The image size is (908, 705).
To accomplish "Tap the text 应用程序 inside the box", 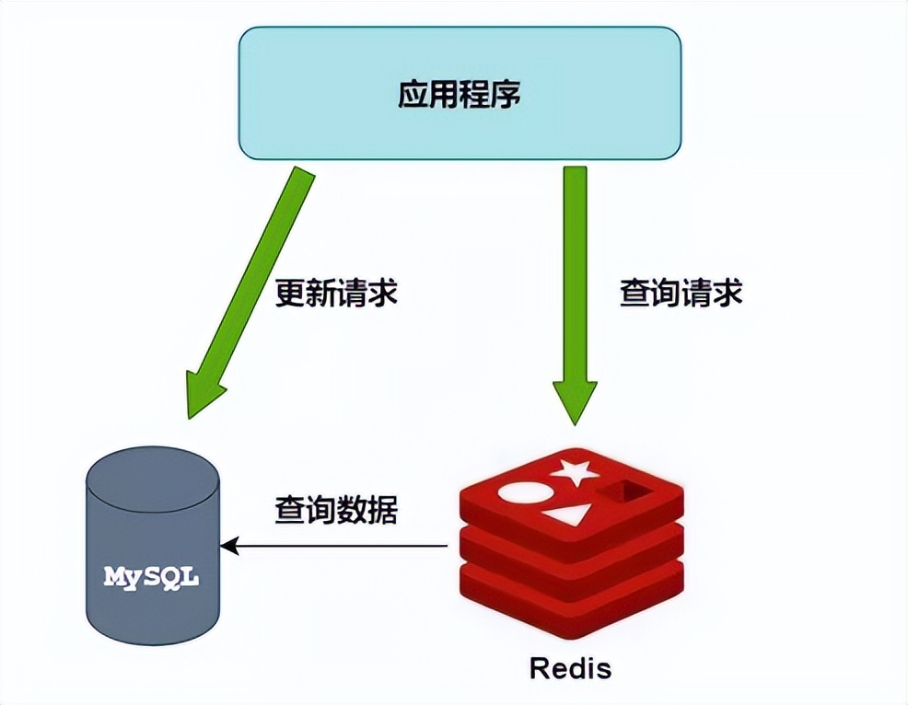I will (x=460, y=94).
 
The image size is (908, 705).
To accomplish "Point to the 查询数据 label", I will (x=336, y=511).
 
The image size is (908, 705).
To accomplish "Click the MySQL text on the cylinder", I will (x=151, y=578).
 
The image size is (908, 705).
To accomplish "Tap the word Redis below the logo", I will (x=570, y=666).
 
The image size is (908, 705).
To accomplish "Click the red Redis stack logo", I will (x=571, y=543).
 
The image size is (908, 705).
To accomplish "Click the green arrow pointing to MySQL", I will (x=253, y=290).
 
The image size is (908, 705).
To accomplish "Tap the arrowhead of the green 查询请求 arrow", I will (x=575, y=400).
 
